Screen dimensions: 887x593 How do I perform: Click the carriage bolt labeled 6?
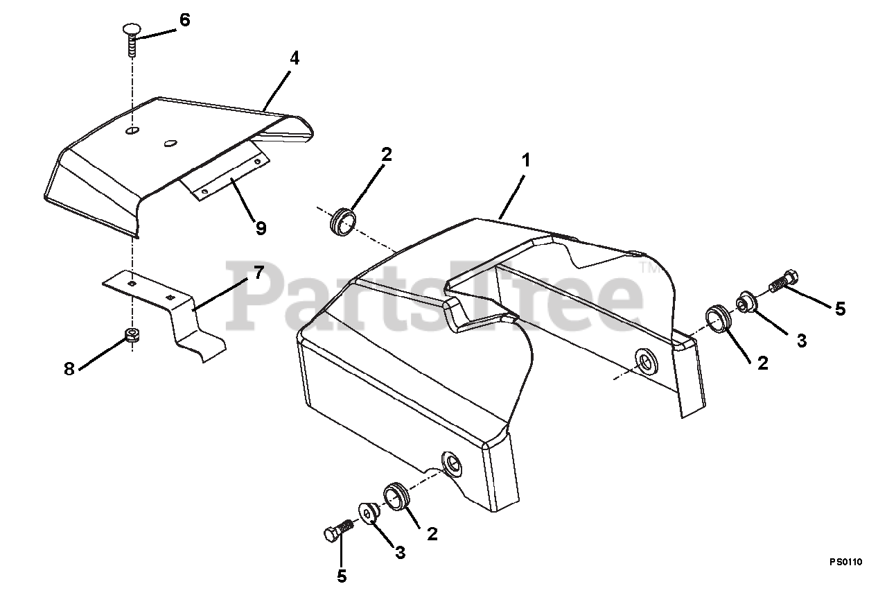click(x=131, y=38)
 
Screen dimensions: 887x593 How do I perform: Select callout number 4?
click(x=295, y=58)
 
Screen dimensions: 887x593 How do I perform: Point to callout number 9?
click(x=261, y=228)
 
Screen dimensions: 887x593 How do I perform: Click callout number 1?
click(x=525, y=160)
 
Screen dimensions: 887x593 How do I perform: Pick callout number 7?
click(x=258, y=273)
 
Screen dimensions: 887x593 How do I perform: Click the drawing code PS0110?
click(x=846, y=561)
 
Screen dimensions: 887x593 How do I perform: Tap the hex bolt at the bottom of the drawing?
click(x=339, y=530)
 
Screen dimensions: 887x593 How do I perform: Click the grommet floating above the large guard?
click(x=342, y=223)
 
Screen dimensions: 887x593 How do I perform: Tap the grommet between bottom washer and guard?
click(x=396, y=496)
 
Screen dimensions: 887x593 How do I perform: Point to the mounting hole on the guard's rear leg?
click(x=647, y=361)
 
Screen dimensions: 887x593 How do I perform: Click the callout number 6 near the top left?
click(x=184, y=19)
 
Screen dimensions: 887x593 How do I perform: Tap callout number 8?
click(x=69, y=369)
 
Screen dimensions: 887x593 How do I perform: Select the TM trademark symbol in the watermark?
click(x=649, y=268)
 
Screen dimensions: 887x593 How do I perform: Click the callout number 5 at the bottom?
click(x=342, y=576)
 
